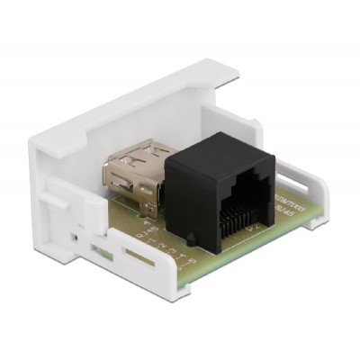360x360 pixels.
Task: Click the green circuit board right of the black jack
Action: click(x=274, y=225)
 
